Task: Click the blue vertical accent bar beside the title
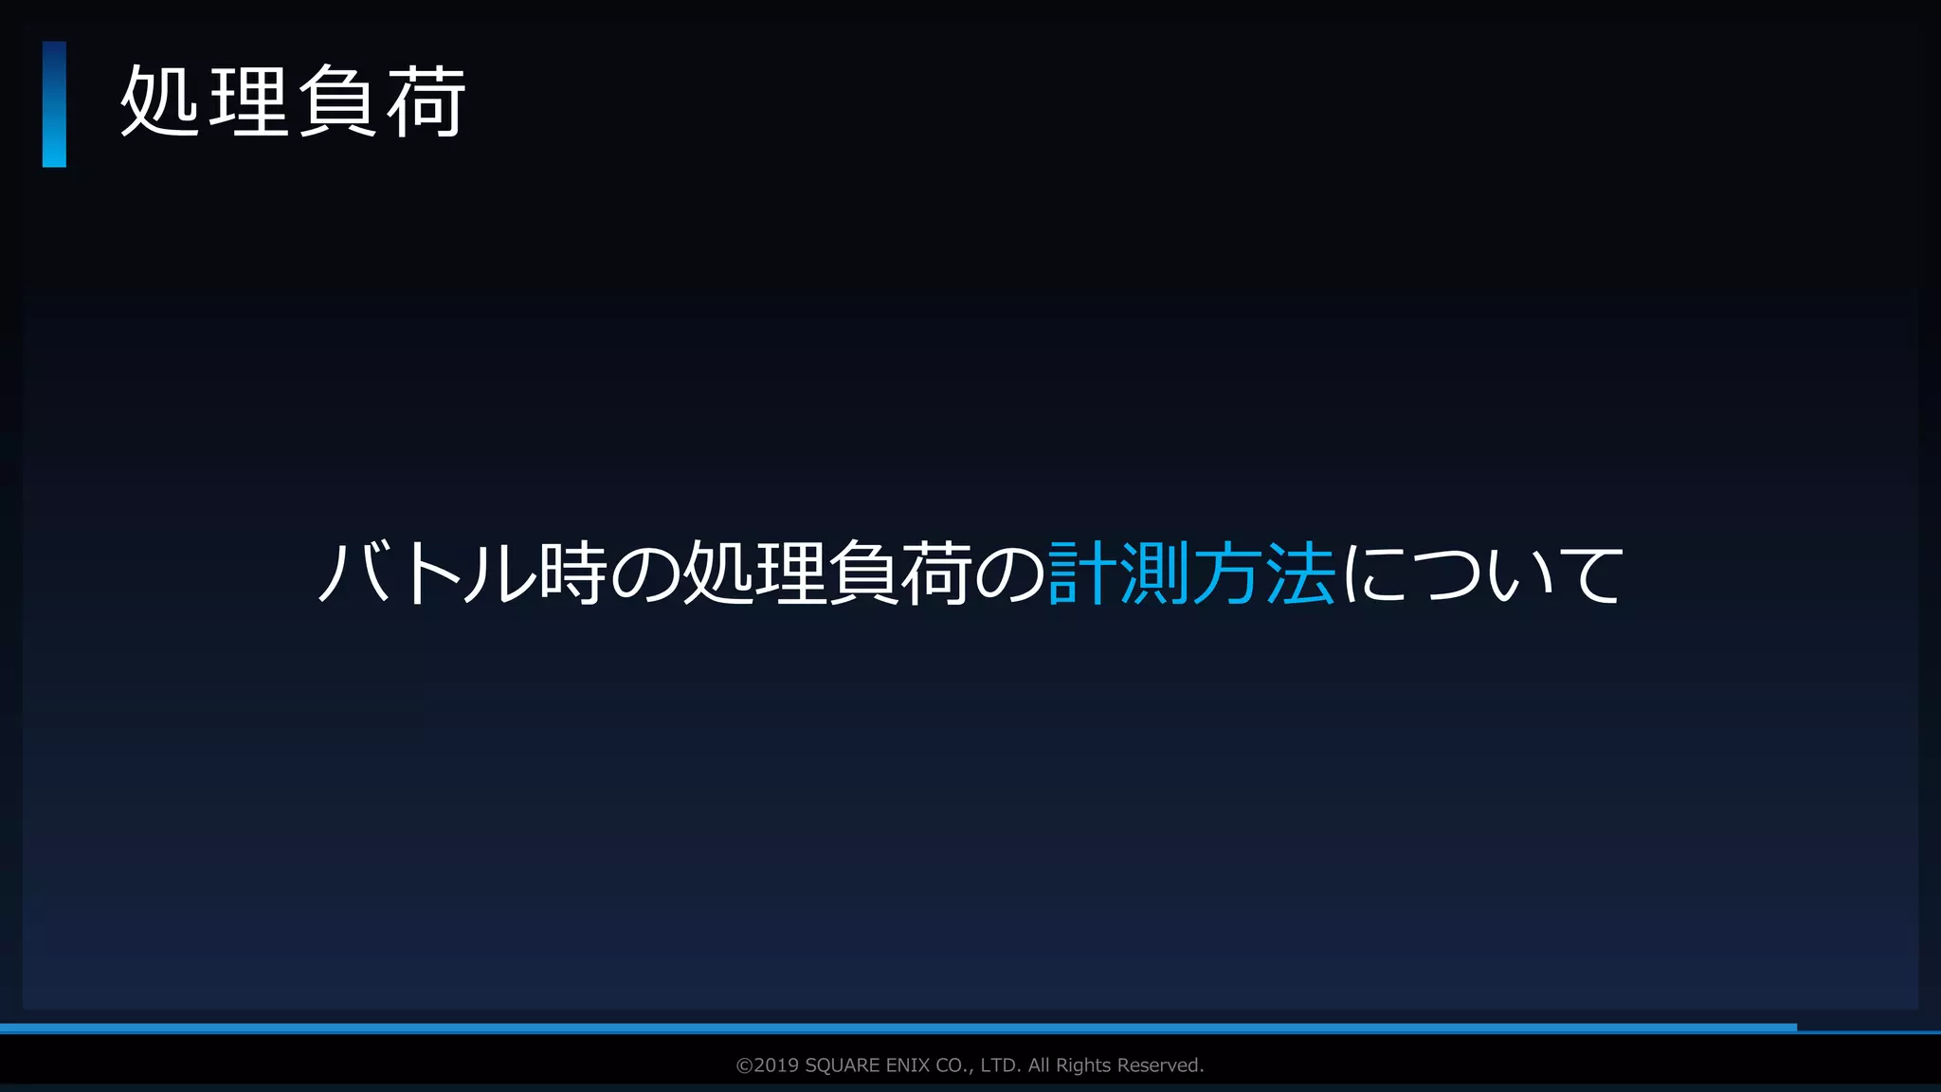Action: pos(54,104)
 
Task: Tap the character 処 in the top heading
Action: pos(159,101)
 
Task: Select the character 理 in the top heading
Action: pos(247,101)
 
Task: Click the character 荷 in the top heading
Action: pos(426,101)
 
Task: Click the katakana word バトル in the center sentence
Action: pos(426,573)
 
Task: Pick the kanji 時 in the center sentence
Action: pos(573,573)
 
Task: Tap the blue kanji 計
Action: pos(1082,573)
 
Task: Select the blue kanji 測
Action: pos(1154,573)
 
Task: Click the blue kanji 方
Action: pos(1227,573)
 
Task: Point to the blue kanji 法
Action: pos(1300,573)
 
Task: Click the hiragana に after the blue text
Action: pos(1373,573)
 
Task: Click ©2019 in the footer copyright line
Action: pos(768,1065)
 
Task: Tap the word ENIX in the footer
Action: pos(907,1065)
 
